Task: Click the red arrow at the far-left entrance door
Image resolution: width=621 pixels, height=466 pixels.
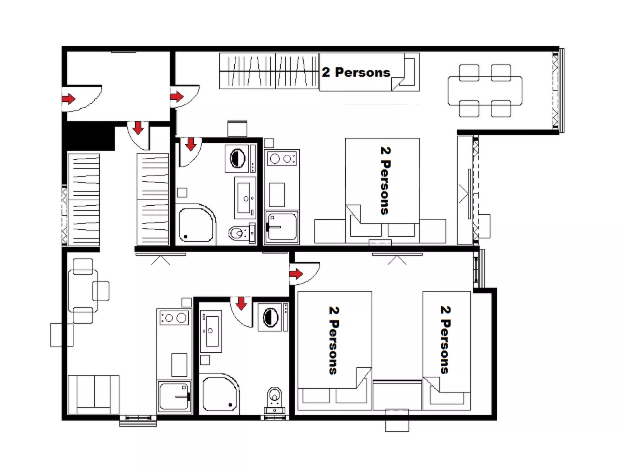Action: tap(68, 99)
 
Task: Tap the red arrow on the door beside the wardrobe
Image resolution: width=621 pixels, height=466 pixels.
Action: tap(176, 96)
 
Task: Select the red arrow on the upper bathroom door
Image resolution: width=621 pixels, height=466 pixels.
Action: tap(191, 144)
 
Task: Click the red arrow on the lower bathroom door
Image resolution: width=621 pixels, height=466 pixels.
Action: tap(241, 304)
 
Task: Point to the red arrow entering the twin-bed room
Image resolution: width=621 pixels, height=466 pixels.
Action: tap(296, 274)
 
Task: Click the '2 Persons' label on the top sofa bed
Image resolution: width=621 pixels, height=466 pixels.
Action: tap(356, 72)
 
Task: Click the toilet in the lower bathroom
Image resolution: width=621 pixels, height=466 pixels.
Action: tap(275, 398)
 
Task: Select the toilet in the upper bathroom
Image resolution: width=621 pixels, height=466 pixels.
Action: tap(239, 233)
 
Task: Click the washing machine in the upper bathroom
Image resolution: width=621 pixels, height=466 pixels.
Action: tap(238, 158)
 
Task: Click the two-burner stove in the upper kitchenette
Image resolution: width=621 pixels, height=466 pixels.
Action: tap(281, 158)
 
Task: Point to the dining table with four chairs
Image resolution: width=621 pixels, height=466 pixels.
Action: tap(485, 91)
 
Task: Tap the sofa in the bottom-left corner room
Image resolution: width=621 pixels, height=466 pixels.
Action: tap(93, 394)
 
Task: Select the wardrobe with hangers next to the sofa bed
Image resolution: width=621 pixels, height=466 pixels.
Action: tap(269, 71)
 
